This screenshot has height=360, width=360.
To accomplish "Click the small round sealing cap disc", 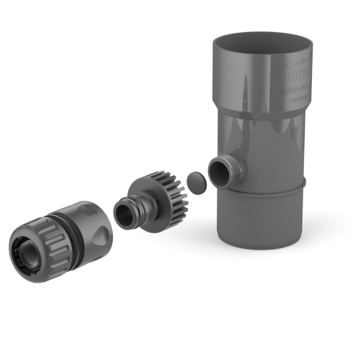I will [x=194, y=180].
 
